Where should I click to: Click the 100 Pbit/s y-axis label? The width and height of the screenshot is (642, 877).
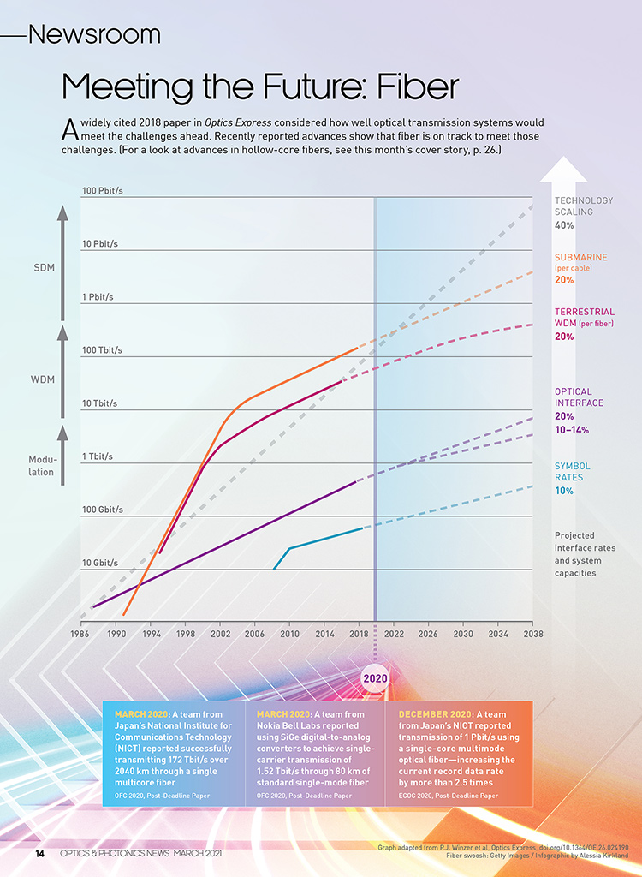tap(103, 190)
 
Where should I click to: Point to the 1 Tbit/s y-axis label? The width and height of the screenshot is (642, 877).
tap(98, 456)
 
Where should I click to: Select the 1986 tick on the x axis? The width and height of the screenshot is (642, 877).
tap(80, 634)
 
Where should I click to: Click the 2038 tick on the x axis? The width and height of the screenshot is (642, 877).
tap(532, 634)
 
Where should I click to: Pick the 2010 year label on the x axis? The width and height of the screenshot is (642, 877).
tap(289, 634)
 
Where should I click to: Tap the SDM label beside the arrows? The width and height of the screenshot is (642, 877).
tap(44, 268)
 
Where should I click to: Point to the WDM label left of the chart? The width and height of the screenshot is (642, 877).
tap(44, 378)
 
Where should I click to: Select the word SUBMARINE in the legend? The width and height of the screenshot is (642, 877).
tap(581, 257)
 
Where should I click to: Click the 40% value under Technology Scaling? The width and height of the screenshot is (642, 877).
tap(564, 225)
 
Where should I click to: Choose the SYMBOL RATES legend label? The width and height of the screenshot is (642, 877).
tap(573, 472)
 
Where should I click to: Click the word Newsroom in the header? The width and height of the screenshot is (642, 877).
tap(94, 34)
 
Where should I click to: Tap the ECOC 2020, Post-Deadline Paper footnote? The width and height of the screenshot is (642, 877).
tap(449, 796)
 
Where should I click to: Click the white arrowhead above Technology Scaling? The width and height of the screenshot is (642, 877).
tap(563, 170)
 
